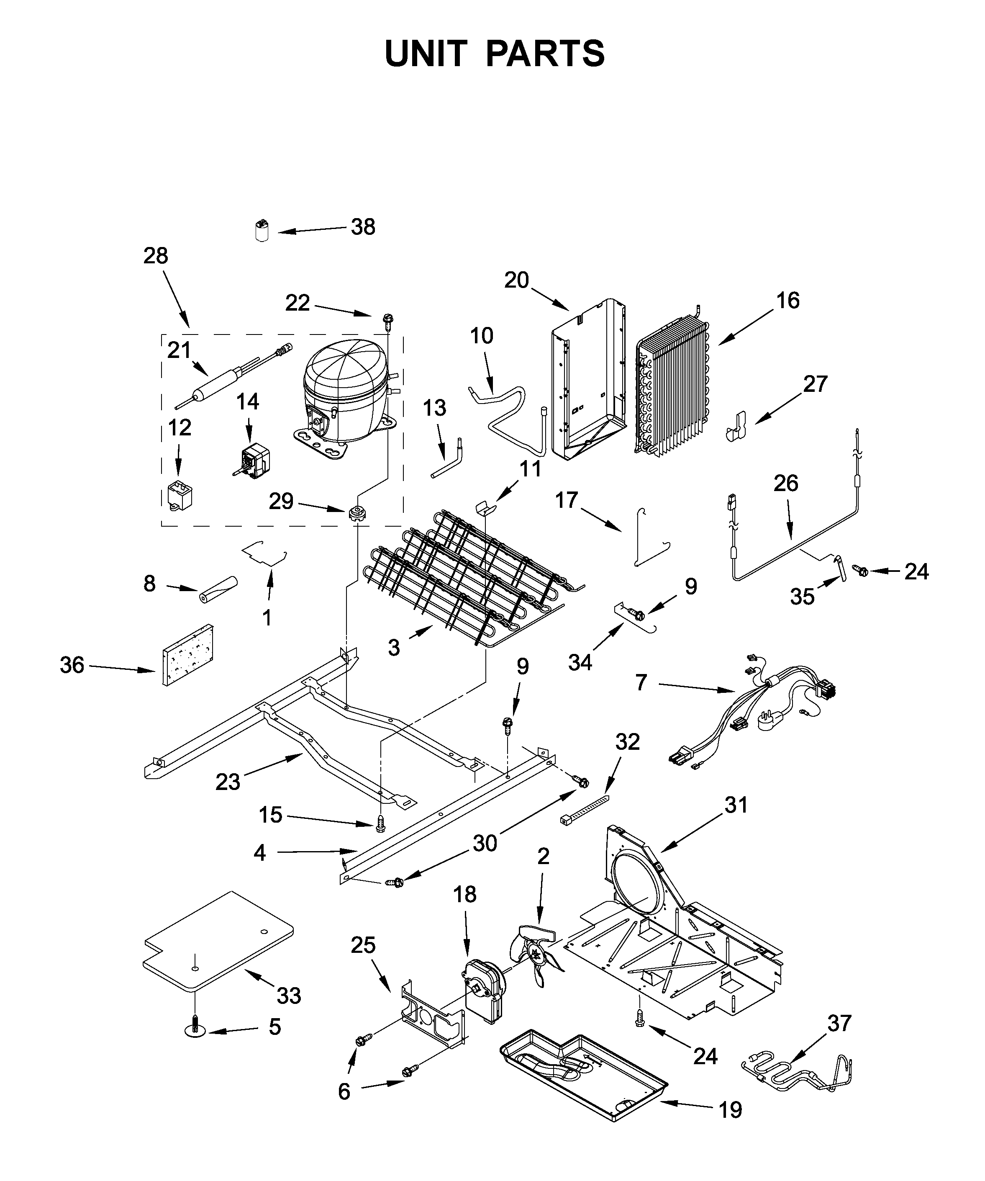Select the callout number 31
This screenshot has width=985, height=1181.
coord(736,805)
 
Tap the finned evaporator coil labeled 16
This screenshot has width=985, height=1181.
coord(672,388)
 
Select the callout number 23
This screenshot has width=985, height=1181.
coord(227,782)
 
